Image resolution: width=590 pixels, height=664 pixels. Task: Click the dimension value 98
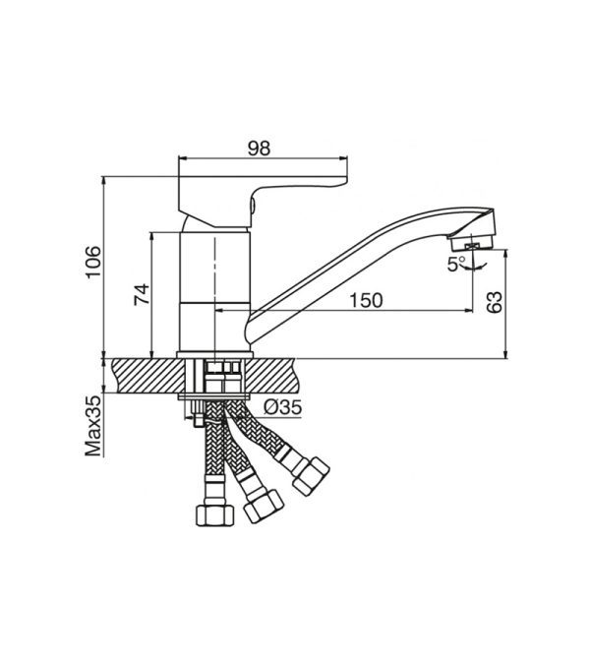pos(259,149)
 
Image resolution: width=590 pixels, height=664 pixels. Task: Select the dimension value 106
pos(93,262)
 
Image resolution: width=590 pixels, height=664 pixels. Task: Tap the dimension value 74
pos(142,294)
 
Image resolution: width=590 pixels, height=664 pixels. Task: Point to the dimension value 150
pos(366,300)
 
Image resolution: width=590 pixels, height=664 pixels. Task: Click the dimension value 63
pos(494,302)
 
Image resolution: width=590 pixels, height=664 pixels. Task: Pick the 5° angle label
pos(456,265)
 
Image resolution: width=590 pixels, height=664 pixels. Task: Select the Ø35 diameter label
pos(283,407)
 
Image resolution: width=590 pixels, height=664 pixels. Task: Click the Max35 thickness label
pos(93,426)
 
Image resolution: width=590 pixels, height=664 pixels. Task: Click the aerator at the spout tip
pos(473,243)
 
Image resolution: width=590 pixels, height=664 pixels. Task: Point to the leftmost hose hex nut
pos(215,514)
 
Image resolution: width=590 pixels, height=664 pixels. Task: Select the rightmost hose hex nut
pos(311,475)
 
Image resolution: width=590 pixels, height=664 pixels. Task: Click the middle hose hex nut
pos(263,506)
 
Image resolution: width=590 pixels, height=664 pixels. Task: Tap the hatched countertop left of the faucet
pos(149,376)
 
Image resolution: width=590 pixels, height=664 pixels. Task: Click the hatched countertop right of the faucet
pos(269,376)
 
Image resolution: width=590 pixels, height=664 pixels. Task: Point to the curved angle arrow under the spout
pos(474,268)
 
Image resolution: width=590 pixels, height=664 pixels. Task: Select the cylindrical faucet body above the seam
pos(215,268)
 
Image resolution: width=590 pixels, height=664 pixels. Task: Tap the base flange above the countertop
pos(214,355)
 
